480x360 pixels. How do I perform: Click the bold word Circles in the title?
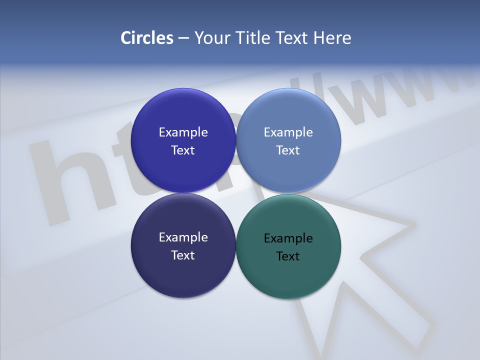pyautogui.click(x=146, y=38)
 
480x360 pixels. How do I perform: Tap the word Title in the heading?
pyautogui.click(x=252, y=38)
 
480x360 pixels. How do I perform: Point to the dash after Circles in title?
pyautogui.click(x=183, y=38)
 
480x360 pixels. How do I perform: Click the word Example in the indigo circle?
pyautogui.click(x=183, y=132)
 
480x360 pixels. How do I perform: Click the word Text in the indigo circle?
pyautogui.click(x=183, y=150)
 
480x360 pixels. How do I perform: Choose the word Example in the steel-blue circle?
pyautogui.click(x=288, y=132)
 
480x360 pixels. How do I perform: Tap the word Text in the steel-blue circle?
pyautogui.click(x=288, y=150)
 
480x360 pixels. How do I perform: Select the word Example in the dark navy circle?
pyautogui.click(x=183, y=237)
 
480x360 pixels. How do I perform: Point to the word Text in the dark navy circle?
pyautogui.click(x=183, y=255)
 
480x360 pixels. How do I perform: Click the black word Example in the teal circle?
pyautogui.click(x=288, y=238)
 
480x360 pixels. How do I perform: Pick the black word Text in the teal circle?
pyautogui.click(x=288, y=256)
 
